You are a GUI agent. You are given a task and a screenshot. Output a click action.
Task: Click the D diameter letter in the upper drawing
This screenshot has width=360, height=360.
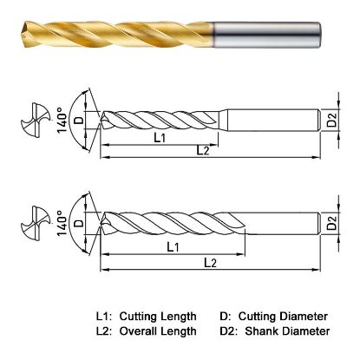81,119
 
